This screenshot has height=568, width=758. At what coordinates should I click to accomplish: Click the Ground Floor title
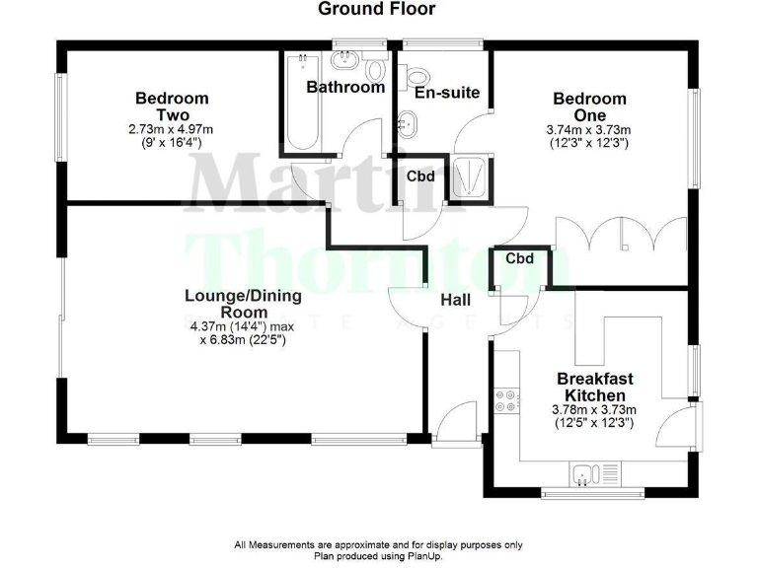376,9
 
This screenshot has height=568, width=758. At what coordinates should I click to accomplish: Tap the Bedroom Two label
172,106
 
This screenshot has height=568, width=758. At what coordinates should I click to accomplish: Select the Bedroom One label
589,106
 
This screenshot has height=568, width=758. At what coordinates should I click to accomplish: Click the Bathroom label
344,87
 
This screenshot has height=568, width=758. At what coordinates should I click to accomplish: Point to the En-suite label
447,93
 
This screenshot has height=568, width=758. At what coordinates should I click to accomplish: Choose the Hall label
456,300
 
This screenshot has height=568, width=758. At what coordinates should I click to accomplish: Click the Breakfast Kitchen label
595,387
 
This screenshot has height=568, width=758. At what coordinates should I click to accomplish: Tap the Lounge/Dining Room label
244,304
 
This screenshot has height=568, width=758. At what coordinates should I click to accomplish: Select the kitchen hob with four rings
507,398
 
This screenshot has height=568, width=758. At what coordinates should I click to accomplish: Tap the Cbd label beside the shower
421,177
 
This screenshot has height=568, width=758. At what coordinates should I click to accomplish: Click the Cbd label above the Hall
519,258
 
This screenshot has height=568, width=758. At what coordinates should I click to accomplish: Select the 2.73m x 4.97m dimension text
172,129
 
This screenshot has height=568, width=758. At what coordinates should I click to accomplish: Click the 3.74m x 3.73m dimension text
589,129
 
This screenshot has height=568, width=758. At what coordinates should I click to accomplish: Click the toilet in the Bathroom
374,70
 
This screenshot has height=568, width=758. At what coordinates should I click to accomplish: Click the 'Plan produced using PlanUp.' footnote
378,555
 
